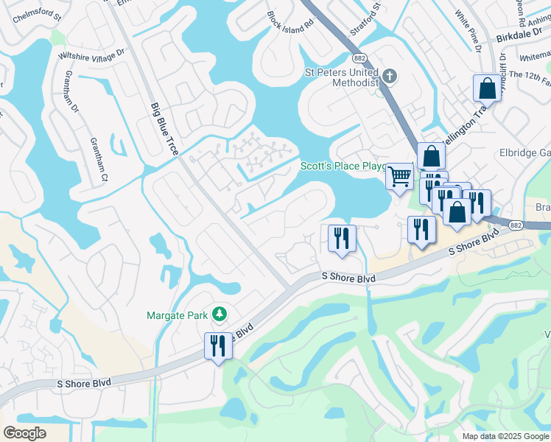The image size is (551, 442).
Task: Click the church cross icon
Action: (x=390, y=74)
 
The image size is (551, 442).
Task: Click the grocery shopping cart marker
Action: (x=399, y=176)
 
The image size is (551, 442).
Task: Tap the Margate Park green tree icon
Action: (x=219, y=315)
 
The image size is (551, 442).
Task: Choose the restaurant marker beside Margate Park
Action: (x=218, y=345)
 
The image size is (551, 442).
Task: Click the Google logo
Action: (x=25, y=433)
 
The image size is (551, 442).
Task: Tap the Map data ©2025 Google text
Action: (x=504, y=436)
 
